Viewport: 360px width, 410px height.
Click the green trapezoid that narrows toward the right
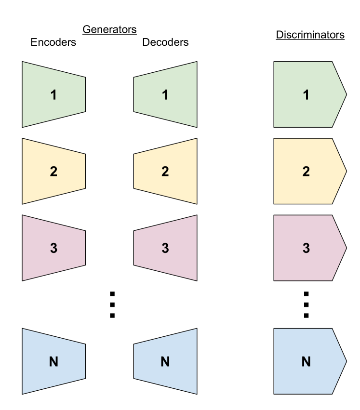click(53, 94)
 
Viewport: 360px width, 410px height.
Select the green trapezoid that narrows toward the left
click(165, 94)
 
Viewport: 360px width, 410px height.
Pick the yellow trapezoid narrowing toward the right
click(53, 171)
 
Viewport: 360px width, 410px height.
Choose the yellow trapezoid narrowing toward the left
click(165, 171)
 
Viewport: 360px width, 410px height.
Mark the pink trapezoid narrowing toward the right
click(53, 248)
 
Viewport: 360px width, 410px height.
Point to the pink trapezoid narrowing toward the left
click(165, 248)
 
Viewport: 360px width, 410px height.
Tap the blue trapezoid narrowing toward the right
click(53, 361)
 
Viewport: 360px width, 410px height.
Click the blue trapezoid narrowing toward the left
click(165, 361)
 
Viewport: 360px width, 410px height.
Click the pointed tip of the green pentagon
click(345, 94)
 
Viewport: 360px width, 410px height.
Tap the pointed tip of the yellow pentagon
click(345, 171)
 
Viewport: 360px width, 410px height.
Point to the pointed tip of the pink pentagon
click(345, 248)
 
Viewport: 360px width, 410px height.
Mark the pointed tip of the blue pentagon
click(345, 361)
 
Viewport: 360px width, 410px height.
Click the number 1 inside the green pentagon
click(306, 95)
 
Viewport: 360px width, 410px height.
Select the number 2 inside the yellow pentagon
click(306, 172)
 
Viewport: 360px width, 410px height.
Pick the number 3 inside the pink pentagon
click(306, 248)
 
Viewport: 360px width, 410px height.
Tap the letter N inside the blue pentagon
click(306, 361)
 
